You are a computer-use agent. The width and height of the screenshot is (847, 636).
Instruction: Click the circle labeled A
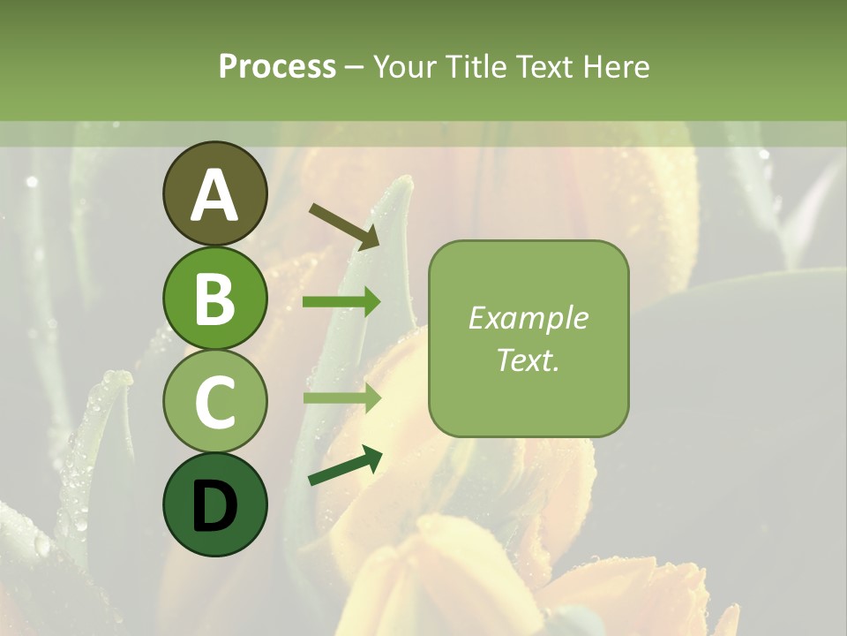(x=214, y=193)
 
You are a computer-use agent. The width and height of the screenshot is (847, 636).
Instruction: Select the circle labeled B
(x=214, y=298)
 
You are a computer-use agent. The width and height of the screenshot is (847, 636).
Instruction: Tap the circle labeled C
(x=214, y=401)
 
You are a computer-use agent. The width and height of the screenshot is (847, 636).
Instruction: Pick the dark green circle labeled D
(x=214, y=504)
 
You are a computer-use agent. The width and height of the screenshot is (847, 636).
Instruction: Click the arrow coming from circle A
(x=343, y=225)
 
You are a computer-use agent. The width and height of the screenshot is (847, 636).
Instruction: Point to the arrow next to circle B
(x=341, y=302)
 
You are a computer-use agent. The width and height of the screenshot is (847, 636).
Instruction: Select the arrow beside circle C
(x=341, y=398)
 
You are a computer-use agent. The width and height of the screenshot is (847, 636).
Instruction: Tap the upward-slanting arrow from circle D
(x=345, y=466)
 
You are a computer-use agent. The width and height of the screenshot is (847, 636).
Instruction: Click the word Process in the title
(x=277, y=66)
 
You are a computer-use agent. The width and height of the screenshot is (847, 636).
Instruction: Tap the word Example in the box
(x=528, y=318)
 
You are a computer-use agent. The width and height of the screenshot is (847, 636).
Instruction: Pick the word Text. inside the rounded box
(x=528, y=360)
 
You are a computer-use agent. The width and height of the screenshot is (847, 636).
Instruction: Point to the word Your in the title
(x=401, y=66)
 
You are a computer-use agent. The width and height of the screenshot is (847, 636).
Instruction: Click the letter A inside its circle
(x=214, y=194)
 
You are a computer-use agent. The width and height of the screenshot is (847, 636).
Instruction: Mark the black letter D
(x=214, y=506)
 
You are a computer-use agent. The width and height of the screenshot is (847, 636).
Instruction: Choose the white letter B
(x=214, y=299)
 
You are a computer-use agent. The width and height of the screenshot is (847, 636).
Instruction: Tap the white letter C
(x=214, y=402)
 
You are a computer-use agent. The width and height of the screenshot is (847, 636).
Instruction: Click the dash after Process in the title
(x=355, y=67)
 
